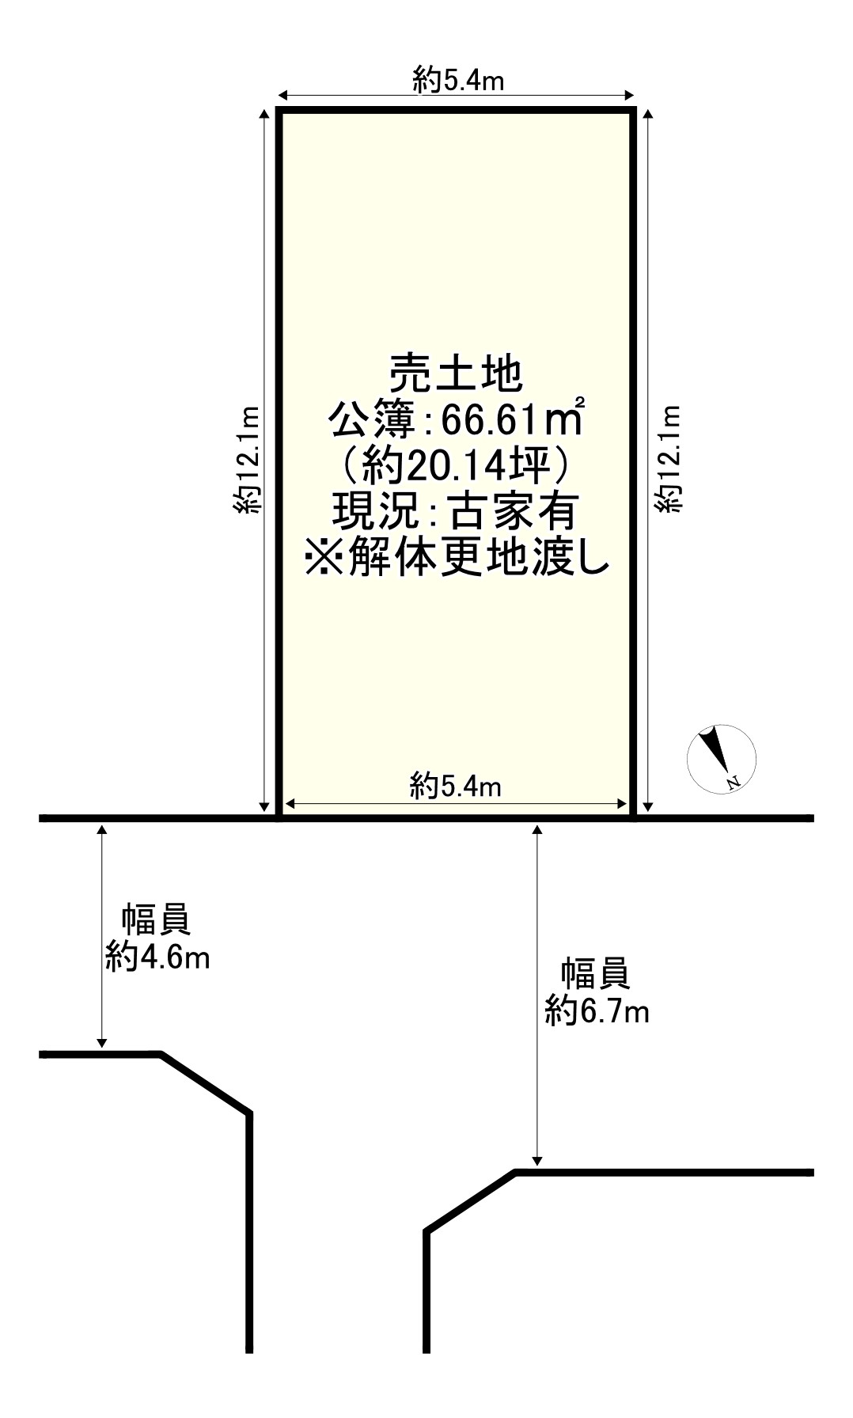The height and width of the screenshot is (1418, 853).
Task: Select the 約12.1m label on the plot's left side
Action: coord(247,460)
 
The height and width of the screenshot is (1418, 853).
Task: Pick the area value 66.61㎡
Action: coord(511,420)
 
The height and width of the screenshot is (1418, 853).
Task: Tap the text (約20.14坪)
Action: coord(456,467)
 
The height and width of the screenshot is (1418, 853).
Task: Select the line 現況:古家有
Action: coord(457,513)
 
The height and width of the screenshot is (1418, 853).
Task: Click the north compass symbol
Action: coord(721,757)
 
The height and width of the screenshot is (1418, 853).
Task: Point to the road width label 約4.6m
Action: coord(157,958)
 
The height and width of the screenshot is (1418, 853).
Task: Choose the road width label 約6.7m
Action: coord(597,1011)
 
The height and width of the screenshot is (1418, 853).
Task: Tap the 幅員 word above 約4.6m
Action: coord(156,920)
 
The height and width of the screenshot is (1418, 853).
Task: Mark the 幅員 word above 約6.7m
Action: coord(595,973)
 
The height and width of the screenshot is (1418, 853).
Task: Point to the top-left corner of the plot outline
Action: coord(280,112)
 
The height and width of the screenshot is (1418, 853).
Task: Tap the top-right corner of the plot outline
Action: coord(633,112)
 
